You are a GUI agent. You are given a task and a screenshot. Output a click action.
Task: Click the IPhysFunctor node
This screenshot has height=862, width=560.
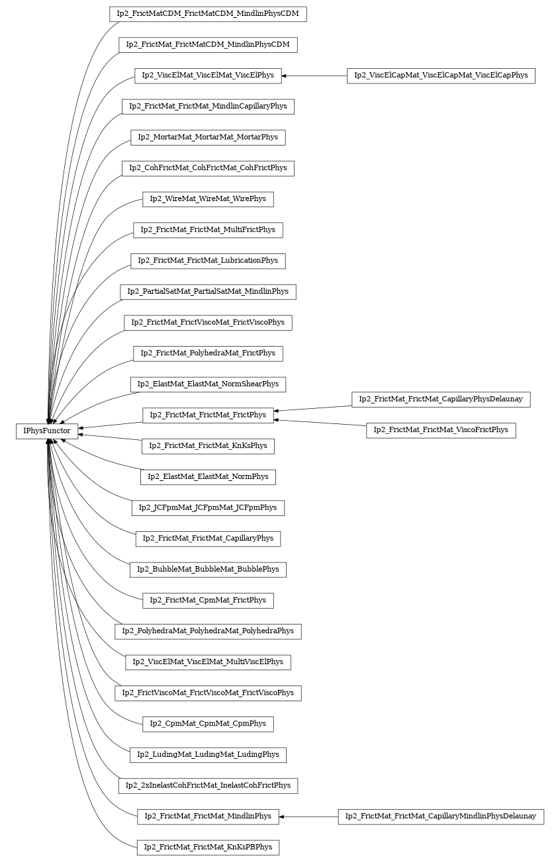coord(47,431)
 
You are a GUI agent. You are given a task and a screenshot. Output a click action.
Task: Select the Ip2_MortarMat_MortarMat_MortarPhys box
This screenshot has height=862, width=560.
coord(208,138)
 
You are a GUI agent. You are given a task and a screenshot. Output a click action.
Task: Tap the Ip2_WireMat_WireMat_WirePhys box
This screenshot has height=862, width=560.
coord(208,199)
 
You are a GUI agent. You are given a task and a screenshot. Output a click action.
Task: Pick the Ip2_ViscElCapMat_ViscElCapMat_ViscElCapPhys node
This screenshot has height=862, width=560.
coord(441,75)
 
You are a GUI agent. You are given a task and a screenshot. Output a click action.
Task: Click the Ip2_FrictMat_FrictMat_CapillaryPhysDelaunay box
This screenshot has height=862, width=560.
coord(441,399)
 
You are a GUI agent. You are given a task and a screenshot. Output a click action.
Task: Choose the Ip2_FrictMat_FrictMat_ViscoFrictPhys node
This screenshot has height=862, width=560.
coord(441,430)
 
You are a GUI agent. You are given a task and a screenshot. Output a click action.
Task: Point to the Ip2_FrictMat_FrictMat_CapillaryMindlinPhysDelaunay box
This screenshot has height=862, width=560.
coord(441,816)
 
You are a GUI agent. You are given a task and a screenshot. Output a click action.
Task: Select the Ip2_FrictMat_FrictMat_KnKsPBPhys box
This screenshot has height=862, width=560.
coord(208,847)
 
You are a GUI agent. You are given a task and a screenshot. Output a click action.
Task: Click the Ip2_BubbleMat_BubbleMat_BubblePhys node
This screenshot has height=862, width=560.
coord(208,570)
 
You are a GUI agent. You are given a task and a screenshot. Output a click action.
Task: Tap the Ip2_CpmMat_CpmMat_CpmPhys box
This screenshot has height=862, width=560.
coord(208,724)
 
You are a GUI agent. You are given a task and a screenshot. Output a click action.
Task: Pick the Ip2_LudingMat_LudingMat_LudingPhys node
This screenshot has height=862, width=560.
coord(208,755)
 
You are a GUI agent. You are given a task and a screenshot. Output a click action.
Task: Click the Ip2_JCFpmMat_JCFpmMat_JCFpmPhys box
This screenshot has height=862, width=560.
coord(208,508)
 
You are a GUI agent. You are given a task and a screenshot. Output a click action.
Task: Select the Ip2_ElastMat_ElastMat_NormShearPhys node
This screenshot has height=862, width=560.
coord(208,384)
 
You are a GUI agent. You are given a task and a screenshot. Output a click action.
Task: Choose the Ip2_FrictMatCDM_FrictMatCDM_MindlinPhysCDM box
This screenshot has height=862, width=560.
coord(208,14)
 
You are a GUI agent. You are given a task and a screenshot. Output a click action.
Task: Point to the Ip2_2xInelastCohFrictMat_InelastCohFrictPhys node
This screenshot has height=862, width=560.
coord(208,786)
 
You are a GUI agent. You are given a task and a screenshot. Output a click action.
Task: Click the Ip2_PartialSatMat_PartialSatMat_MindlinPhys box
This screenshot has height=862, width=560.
coord(208,292)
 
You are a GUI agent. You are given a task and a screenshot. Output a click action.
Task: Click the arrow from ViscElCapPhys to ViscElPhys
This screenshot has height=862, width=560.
coord(314,75)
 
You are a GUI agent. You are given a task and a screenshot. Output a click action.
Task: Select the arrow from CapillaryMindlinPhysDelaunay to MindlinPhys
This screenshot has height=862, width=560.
coord(308,816)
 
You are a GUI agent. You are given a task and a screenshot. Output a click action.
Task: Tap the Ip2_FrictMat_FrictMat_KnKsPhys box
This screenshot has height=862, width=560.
coord(208,446)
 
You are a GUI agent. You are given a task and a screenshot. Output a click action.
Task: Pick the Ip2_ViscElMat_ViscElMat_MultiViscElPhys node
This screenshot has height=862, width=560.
coord(208,662)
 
